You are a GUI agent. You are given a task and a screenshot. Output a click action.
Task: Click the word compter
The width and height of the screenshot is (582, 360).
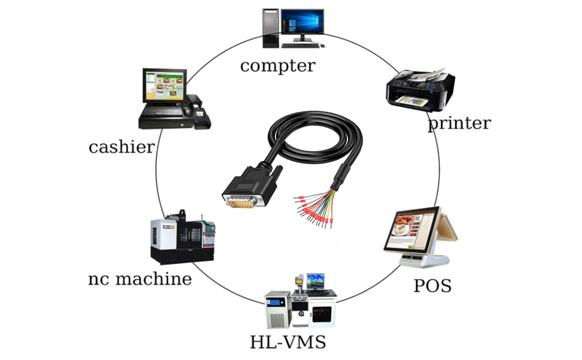point(278,66)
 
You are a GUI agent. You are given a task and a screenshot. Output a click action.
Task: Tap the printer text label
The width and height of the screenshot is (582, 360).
point(460,123)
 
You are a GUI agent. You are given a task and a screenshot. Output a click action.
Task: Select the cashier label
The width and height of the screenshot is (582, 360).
point(121,147)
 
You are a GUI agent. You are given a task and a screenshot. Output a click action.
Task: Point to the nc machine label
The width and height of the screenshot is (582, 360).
point(140,279)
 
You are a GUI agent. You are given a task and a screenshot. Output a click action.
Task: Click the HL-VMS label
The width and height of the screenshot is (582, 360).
point(287,342)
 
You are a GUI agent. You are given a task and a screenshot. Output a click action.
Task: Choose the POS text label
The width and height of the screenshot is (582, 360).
point(433,286)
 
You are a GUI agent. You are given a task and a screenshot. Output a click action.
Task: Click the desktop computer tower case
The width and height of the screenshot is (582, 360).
point(271,28)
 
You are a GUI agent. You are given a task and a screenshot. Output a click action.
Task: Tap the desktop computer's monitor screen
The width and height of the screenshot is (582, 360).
point(302,21)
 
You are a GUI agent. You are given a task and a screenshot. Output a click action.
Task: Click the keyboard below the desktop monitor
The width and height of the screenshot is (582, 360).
point(300,46)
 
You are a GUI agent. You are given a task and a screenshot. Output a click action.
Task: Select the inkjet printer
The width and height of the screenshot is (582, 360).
point(421,89)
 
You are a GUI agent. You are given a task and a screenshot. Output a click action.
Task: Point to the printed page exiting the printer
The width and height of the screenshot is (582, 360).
point(411,100)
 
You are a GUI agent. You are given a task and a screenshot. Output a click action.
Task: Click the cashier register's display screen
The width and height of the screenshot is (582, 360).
point(165,86)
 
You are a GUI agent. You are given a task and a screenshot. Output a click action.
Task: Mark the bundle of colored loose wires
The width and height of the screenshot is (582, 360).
point(315,208)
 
